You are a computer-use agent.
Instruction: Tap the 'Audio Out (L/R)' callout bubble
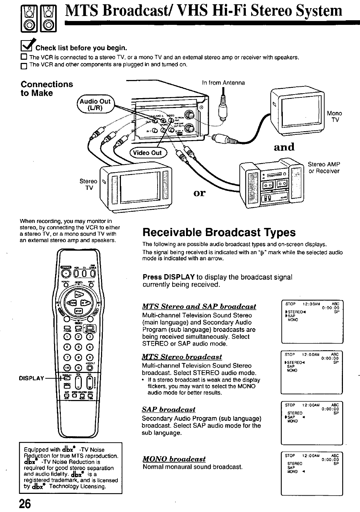(95, 104)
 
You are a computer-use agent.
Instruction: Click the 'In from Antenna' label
(223, 82)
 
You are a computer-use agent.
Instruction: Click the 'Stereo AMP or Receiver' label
(323, 167)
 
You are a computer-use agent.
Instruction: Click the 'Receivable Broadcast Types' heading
(219, 233)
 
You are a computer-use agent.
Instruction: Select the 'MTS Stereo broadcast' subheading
(182, 357)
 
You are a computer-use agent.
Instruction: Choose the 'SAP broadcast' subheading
(169, 409)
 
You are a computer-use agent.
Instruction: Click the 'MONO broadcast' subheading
(174, 459)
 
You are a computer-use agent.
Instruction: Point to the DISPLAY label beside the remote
(31, 378)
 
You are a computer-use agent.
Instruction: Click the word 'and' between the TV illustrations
(284, 146)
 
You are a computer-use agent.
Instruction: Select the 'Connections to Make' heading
(47, 89)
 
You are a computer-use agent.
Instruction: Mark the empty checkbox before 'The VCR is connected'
(24, 58)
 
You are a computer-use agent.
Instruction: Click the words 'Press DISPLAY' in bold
(168, 277)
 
